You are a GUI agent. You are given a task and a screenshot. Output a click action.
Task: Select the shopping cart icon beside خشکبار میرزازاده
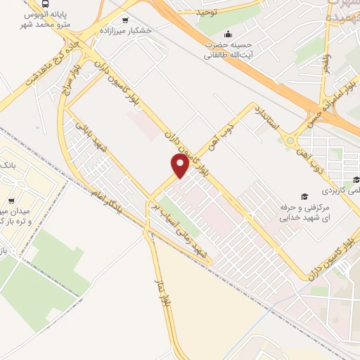125,20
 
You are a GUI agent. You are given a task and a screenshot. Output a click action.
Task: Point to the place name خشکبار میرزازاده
126,31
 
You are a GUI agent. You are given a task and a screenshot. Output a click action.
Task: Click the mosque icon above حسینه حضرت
227,33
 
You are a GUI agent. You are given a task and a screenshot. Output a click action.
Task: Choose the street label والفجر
325,59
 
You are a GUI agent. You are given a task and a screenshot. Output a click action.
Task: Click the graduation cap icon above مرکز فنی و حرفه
304,196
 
